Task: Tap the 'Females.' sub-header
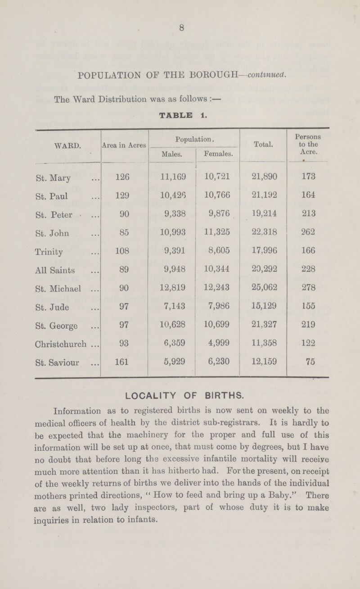217,154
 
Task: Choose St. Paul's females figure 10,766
217,201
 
